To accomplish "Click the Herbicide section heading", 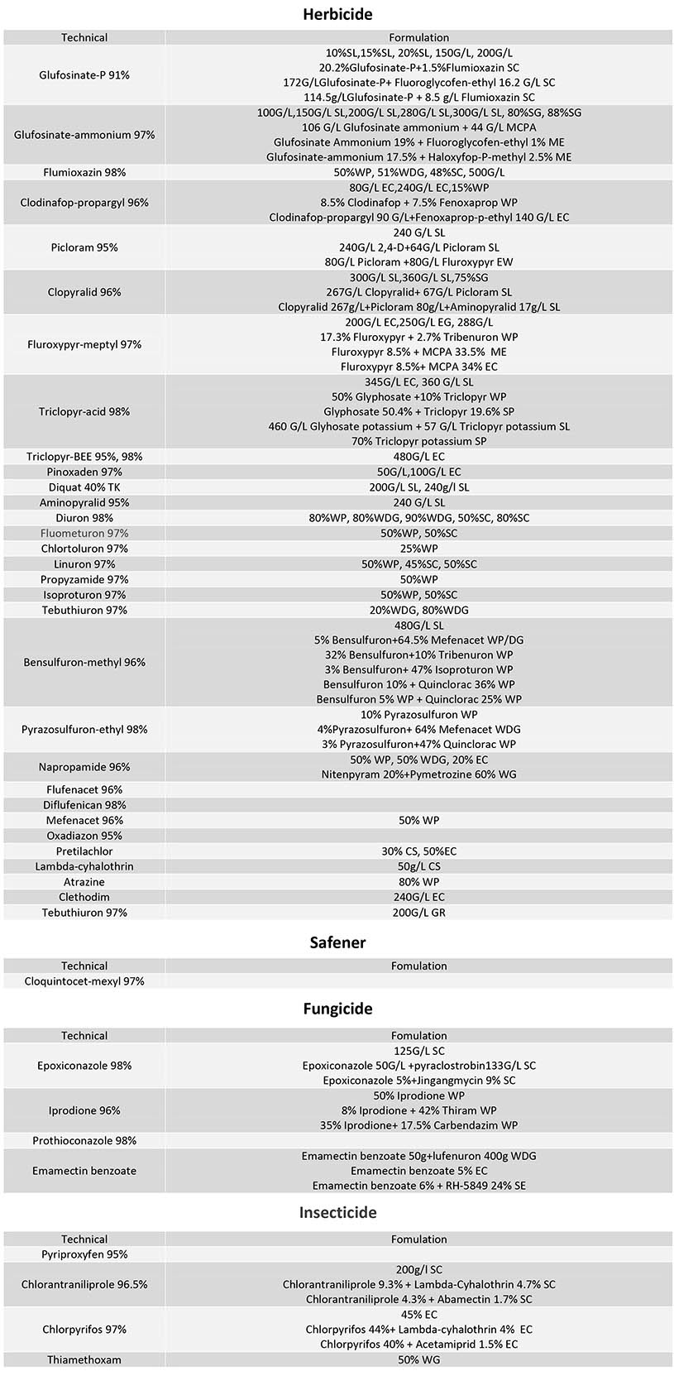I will click(337, 14).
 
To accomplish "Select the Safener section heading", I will click(337, 942).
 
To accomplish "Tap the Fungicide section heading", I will click(337, 1009).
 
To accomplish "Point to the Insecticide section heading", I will click(337, 1212).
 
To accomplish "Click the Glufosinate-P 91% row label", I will click(84, 75).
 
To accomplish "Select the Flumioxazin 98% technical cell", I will click(84, 172).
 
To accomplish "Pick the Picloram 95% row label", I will click(84, 247).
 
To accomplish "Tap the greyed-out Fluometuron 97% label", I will click(84, 533).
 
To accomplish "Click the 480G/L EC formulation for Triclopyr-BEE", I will click(418, 457).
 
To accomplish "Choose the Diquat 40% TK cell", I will click(84, 487).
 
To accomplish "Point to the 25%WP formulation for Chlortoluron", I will click(418, 549).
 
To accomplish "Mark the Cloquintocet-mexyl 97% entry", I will click(84, 981).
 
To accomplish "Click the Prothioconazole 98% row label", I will click(84, 1141).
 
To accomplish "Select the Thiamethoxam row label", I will click(84, 1359).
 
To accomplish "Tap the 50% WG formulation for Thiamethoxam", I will click(418, 1359).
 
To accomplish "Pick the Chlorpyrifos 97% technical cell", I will click(84, 1330).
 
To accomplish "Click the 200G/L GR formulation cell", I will click(418, 913).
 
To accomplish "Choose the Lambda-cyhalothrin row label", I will click(84, 866).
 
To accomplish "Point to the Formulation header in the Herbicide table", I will click(418, 37).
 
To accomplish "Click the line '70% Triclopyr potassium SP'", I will click(418, 441).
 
